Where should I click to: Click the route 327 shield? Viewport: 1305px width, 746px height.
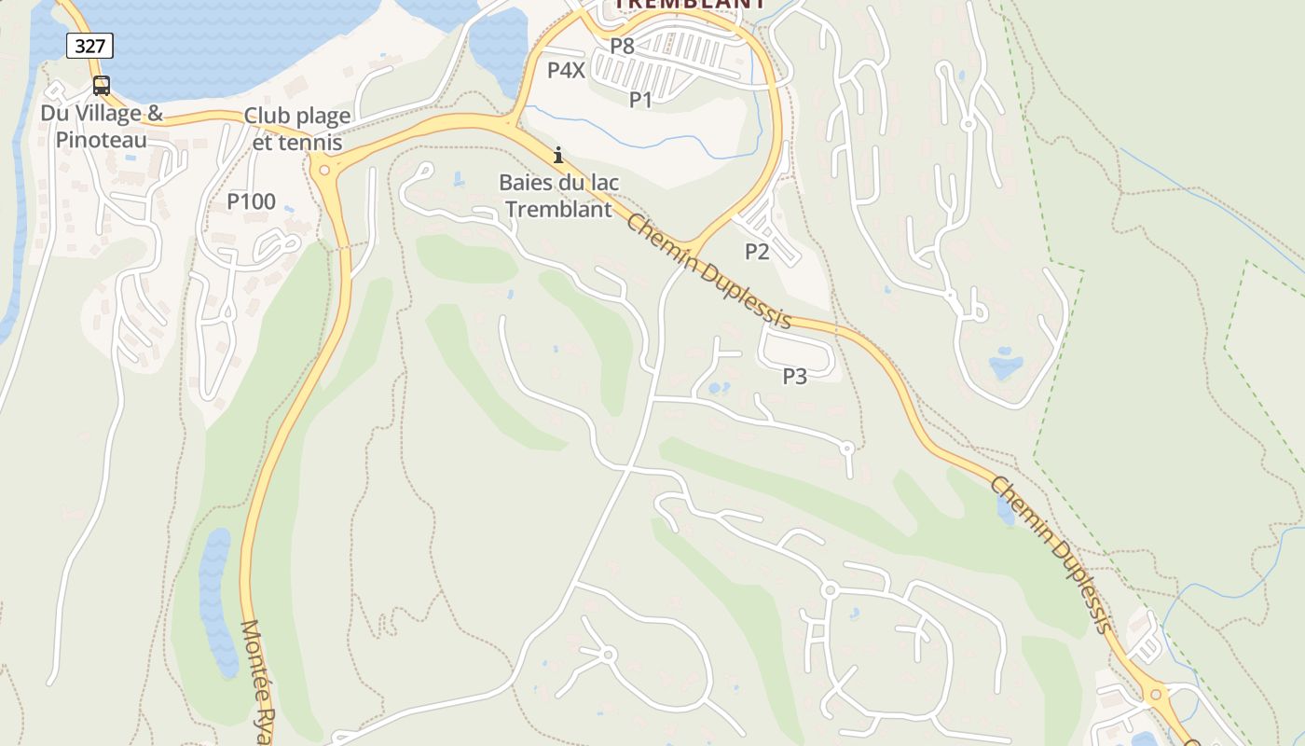[x=89, y=45]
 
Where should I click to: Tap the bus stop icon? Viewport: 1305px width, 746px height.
[x=101, y=86]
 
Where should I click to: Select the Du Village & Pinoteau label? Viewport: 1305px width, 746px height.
[x=101, y=127]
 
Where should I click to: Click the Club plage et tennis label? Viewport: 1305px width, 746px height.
[x=297, y=130]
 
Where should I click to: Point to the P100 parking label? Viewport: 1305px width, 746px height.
[x=252, y=200]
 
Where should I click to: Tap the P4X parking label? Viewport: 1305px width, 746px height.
[x=566, y=70]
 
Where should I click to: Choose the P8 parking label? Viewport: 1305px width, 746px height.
[x=622, y=45]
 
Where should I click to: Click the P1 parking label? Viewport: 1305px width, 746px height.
[x=640, y=100]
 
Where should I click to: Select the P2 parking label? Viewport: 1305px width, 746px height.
[x=757, y=251]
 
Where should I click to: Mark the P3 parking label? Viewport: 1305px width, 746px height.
[x=794, y=376]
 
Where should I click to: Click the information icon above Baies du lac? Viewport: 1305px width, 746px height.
[x=558, y=155]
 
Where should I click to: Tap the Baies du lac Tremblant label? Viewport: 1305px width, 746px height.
[x=558, y=196]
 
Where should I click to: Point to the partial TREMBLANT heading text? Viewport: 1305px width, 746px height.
[x=690, y=4]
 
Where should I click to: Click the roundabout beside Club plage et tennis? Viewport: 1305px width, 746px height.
[x=323, y=170]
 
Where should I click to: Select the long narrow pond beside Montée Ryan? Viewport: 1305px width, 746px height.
[x=217, y=601]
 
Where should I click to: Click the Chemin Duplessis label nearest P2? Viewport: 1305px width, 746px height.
[x=708, y=271]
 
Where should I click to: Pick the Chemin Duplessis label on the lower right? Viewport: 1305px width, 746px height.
[x=1051, y=554]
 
